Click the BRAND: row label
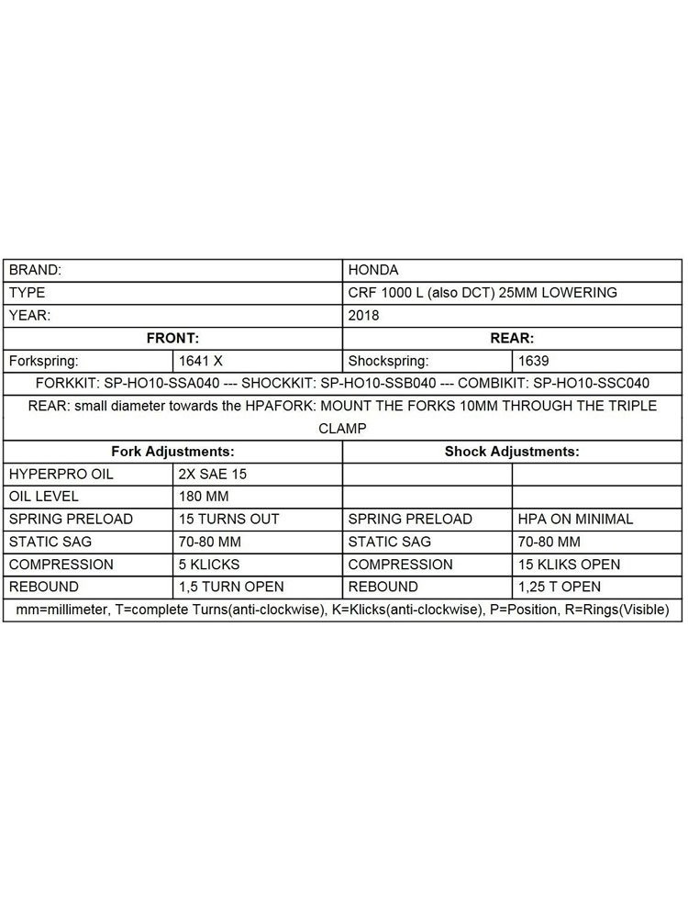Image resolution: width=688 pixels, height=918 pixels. [x=36, y=271]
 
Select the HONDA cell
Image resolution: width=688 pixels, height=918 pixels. [x=373, y=271]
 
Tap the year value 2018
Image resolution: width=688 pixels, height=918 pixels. [x=363, y=315]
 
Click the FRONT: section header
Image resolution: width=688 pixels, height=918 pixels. [x=172, y=338]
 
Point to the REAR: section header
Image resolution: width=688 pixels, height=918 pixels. [x=512, y=338]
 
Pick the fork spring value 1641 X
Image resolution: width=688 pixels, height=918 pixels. [x=201, y=361]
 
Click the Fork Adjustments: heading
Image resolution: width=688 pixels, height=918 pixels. [x=172, y=452]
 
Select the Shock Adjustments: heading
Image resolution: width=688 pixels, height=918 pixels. [x=512, y=452]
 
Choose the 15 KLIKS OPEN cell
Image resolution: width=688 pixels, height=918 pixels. [x=569, y=564]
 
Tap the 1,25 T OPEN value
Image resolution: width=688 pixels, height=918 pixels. [x=560, y=587]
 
